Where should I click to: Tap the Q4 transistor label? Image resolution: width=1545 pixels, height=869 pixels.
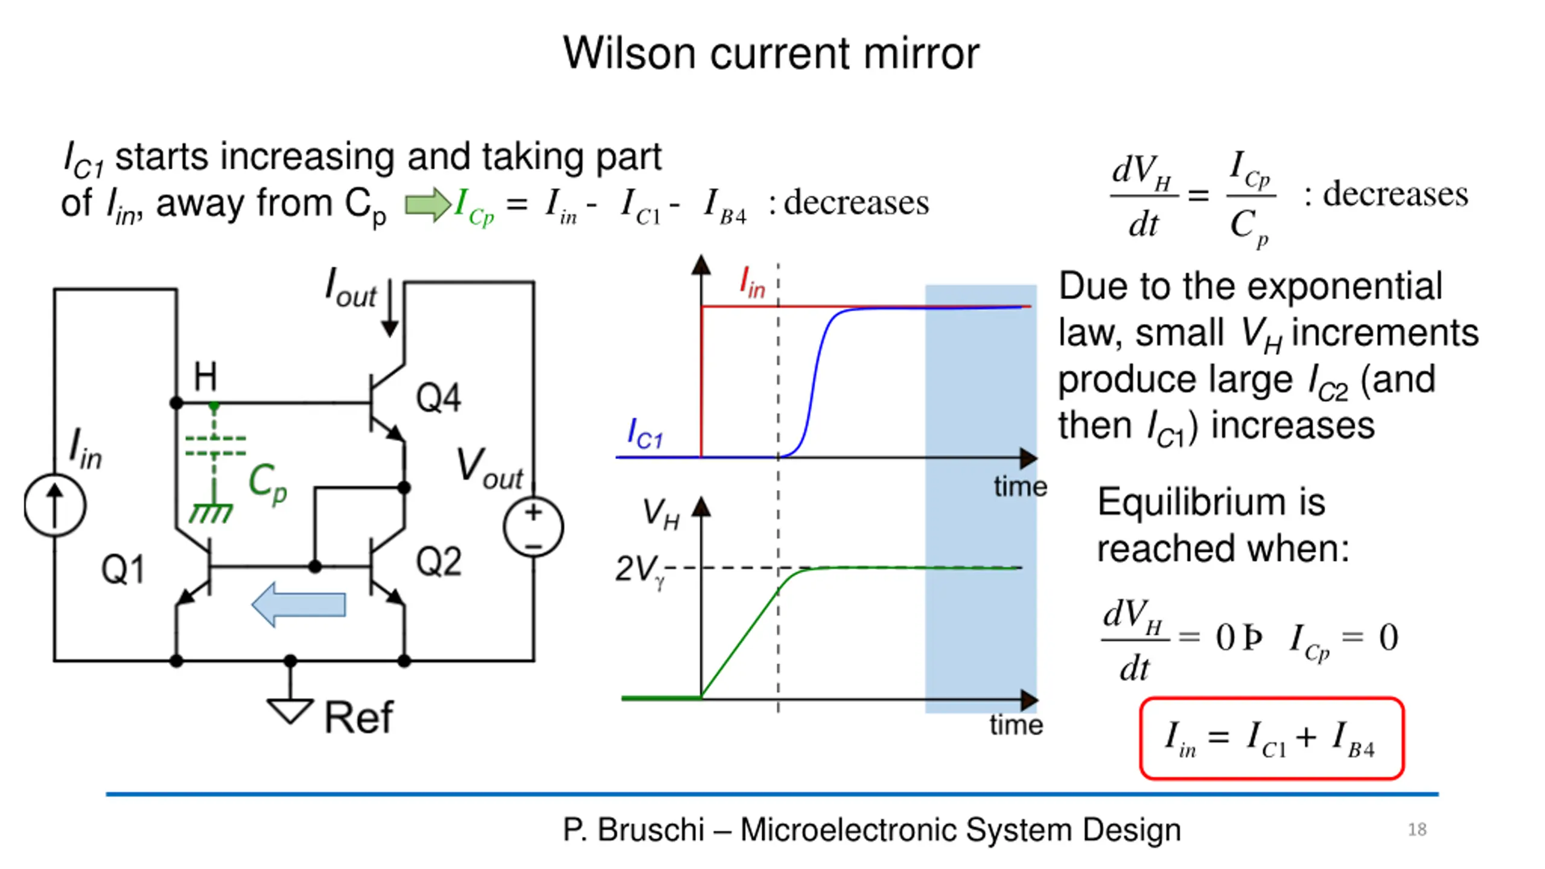click(x=439, y=398)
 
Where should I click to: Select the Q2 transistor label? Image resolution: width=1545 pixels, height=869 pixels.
click(x=439, y=561)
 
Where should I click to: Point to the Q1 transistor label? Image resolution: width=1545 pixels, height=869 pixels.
click(x=123, y=569)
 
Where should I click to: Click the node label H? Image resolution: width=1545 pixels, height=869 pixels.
click(x=205, y=377)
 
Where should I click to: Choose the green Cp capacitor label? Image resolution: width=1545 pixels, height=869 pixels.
click(x=268, y=483)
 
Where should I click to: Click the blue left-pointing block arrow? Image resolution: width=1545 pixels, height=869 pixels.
click(x=299, y=604)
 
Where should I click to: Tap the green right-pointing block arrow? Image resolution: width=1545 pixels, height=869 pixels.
click(x=427, y=204)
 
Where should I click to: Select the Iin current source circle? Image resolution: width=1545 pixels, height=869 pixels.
click(x=55, y=506)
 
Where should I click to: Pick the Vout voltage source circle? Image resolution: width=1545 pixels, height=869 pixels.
click(x=534, y=527)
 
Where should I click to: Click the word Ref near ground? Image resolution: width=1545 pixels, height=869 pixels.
click(x=358, y=718)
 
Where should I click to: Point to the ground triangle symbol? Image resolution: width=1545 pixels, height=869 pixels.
click(x=290, y=710)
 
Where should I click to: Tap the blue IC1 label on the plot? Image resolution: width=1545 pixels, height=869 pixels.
click(x=645, y=434)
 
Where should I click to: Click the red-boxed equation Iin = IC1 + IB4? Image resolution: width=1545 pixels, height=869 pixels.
click(x=1271, y=739)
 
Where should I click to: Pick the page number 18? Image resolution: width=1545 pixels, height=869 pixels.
click(x=1417, y=830)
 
